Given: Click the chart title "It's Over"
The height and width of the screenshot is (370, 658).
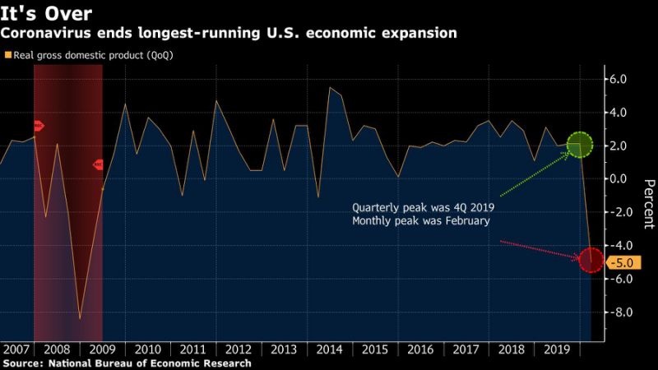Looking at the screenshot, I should (46, 12).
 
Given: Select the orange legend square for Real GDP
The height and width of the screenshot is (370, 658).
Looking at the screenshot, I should (8, 55).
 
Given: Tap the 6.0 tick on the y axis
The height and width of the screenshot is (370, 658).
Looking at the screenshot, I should (618, 79).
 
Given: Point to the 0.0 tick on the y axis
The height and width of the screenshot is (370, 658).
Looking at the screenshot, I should (618, 179).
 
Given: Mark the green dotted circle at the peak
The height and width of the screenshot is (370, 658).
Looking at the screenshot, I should (580, 145).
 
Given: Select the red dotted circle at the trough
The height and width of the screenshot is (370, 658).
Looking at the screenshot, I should (591, 261).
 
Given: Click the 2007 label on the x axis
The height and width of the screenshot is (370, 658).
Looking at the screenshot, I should (17, 348).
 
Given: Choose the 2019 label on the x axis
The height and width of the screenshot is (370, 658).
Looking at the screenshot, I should (558, 348).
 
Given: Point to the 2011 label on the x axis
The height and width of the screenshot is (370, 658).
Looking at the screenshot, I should (192, 348).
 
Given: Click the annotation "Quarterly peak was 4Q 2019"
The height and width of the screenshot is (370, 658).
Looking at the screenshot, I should (423, 208).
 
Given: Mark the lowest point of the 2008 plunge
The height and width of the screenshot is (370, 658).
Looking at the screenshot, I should (80, 318).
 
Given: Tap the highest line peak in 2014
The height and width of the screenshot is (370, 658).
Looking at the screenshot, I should (330, 87).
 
